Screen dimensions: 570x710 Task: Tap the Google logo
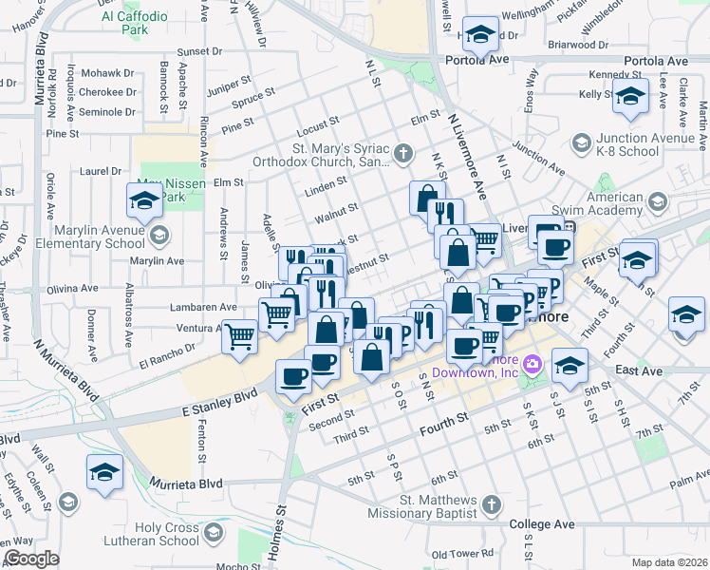(31, 559)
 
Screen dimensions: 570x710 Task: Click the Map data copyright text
(669, 561)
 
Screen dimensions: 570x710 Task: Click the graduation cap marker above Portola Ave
(482, 36)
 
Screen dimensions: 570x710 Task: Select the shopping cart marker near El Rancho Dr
(240, 334)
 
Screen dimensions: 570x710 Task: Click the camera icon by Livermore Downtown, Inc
(532, 364)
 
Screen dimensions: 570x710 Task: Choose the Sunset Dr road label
(198, 50)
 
